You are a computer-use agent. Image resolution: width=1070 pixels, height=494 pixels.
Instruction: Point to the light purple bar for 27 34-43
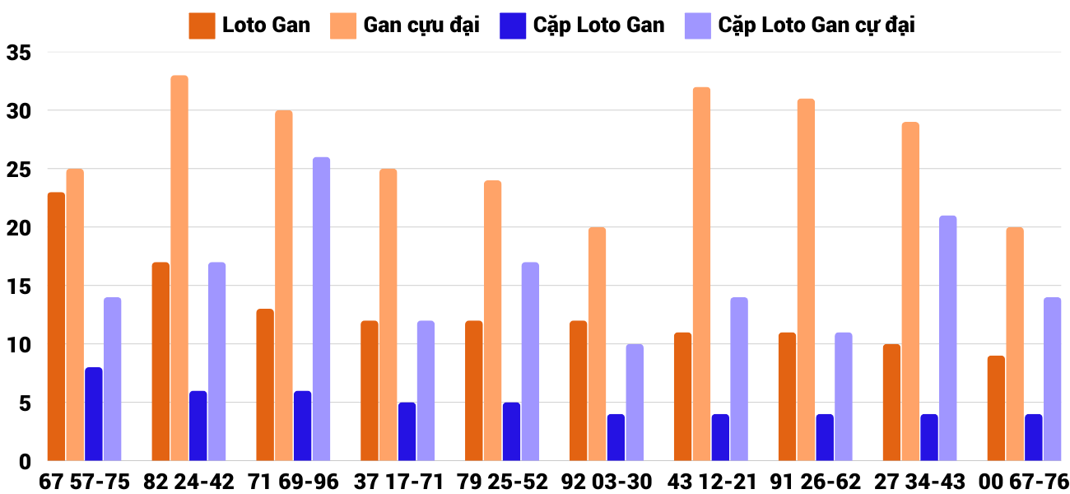947,338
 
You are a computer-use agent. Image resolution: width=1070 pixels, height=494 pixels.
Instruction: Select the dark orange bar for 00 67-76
996,408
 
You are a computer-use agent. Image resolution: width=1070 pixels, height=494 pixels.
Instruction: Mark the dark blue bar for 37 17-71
407,431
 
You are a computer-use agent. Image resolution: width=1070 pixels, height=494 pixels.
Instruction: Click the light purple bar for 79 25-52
530,361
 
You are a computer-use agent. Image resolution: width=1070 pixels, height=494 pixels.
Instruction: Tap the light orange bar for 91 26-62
806,280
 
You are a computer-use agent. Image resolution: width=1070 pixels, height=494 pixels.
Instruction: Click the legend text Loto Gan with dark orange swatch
266,25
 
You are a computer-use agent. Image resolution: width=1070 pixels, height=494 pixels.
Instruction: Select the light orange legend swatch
343,26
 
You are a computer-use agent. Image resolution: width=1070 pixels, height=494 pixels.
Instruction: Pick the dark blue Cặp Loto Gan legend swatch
513,26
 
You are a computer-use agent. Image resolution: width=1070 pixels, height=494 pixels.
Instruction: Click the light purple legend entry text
816,25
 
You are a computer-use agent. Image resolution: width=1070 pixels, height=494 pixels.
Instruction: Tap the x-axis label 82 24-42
188,482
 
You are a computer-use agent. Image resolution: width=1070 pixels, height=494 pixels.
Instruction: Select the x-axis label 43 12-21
710,482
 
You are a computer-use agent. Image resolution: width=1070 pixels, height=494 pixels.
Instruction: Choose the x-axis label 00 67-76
1024,482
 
